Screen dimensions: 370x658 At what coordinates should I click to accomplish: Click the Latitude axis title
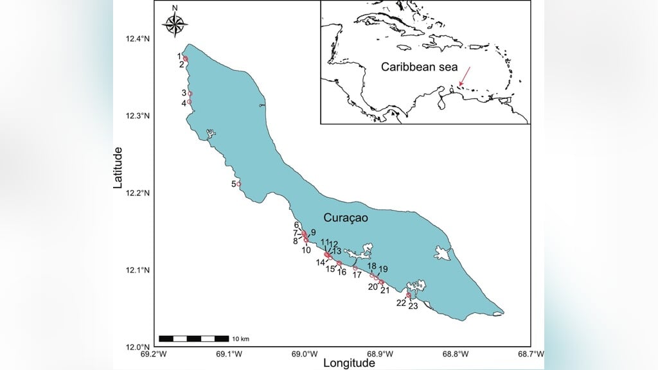click(118, 168)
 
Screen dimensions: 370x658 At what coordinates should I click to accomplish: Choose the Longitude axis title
click(349, 364)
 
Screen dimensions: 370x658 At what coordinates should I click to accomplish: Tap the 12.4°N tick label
click(138, 39)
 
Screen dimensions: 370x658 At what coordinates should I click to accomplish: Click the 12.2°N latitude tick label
click(138, 193)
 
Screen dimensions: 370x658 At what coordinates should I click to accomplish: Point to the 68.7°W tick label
click(531, 353)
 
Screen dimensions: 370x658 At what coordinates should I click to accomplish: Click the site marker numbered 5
click(239, 184)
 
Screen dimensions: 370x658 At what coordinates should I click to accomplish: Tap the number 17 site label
click(357, 275)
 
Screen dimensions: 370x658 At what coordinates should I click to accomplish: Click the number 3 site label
click(183, 93)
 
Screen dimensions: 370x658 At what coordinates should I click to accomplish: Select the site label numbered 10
click(307, 249)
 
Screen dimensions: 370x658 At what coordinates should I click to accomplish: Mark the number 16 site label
click(342, 272)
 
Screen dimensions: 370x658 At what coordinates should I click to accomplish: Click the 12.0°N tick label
click(138, 347)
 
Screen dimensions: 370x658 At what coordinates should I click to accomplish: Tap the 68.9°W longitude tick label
click(379, 353)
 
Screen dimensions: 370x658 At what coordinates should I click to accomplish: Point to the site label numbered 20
click(373, 286)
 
